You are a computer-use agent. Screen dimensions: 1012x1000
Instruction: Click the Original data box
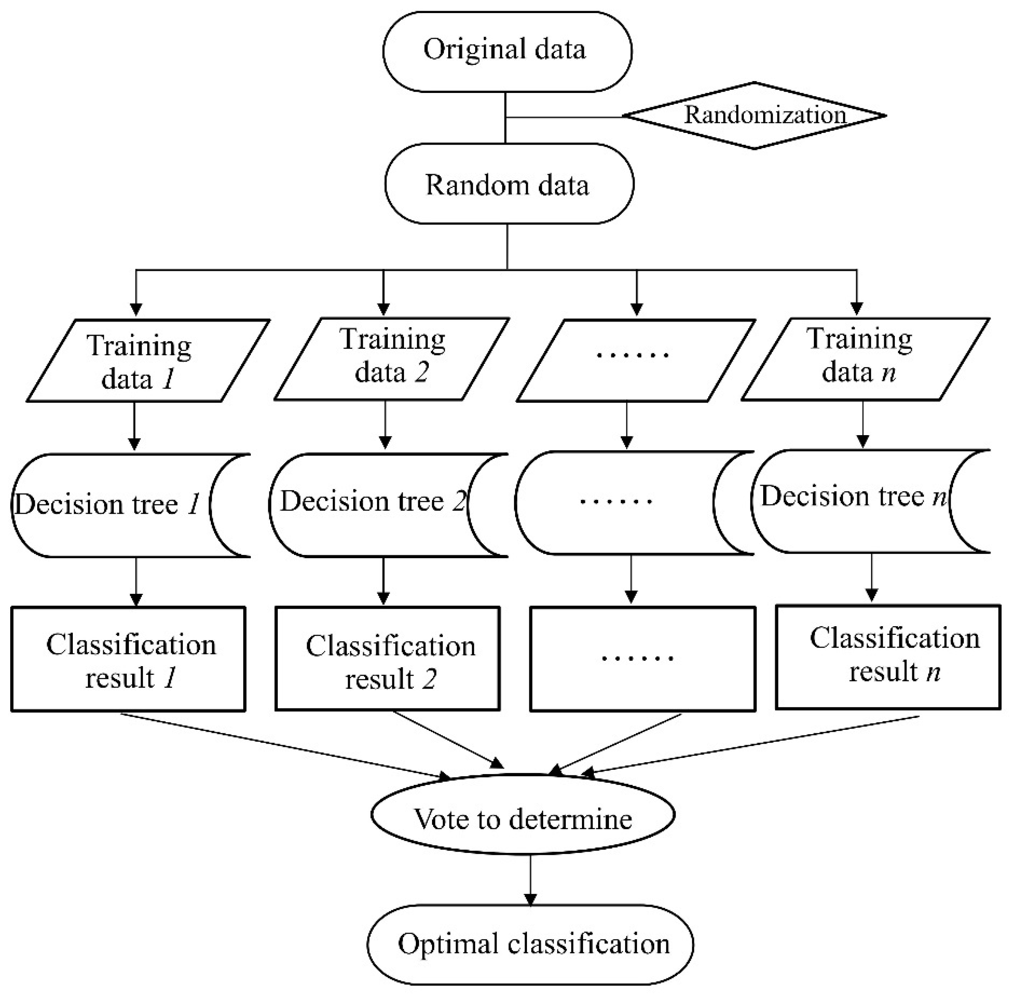(x=507, y=51)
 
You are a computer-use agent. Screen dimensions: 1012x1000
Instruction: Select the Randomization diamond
(x=754, y=115)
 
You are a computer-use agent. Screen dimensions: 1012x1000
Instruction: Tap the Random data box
(x=509, y=184)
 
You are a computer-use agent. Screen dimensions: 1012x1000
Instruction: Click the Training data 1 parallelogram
(x=148, y=360)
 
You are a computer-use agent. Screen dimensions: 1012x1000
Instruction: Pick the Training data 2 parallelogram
(x=392, y=359)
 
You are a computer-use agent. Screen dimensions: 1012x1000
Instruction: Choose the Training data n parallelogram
(x=865, y=359)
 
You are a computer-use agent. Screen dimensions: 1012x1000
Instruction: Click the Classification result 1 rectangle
(x=128, y=659)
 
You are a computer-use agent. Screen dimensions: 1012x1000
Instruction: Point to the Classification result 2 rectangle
(x=388, y=659)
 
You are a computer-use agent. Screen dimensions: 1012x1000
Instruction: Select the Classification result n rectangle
(x=888, y=657)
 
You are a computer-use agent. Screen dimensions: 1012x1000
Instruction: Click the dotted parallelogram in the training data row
(x=636, y=360)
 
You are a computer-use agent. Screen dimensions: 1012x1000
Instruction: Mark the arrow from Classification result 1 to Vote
(x=286, y=747)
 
